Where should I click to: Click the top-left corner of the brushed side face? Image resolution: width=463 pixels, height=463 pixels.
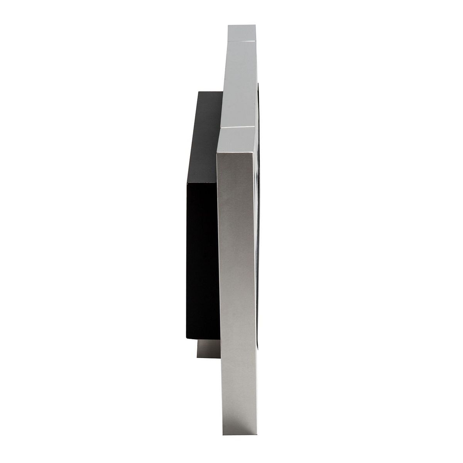[x=218, y=152]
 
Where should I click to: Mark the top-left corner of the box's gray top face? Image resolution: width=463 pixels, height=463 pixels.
[x=198, y=92]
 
